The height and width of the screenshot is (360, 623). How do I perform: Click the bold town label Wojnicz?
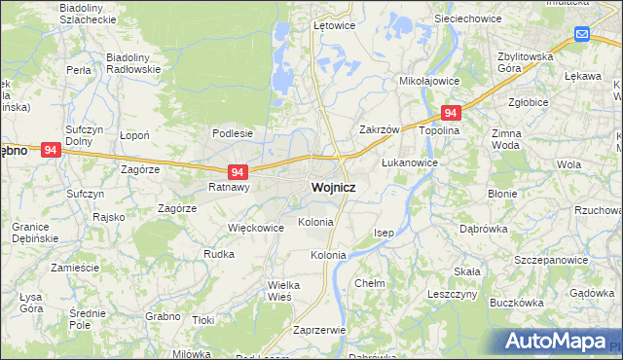(x=332, y=187)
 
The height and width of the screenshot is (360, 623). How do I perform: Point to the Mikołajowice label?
(x=429, y=82)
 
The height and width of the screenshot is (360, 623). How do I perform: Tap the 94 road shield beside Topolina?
(x=450, y=113)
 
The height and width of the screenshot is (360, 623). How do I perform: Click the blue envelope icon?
(x=582, y=35)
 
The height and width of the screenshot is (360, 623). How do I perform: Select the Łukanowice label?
(x=408, y=162)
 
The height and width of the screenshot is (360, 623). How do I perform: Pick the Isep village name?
(x=384, y=234)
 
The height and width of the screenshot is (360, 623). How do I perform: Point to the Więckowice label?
(x=255, y=228)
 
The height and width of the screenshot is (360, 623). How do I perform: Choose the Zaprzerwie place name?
(x=318, y=330)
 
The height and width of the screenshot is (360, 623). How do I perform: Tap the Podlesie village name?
(x=233, y=133)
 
